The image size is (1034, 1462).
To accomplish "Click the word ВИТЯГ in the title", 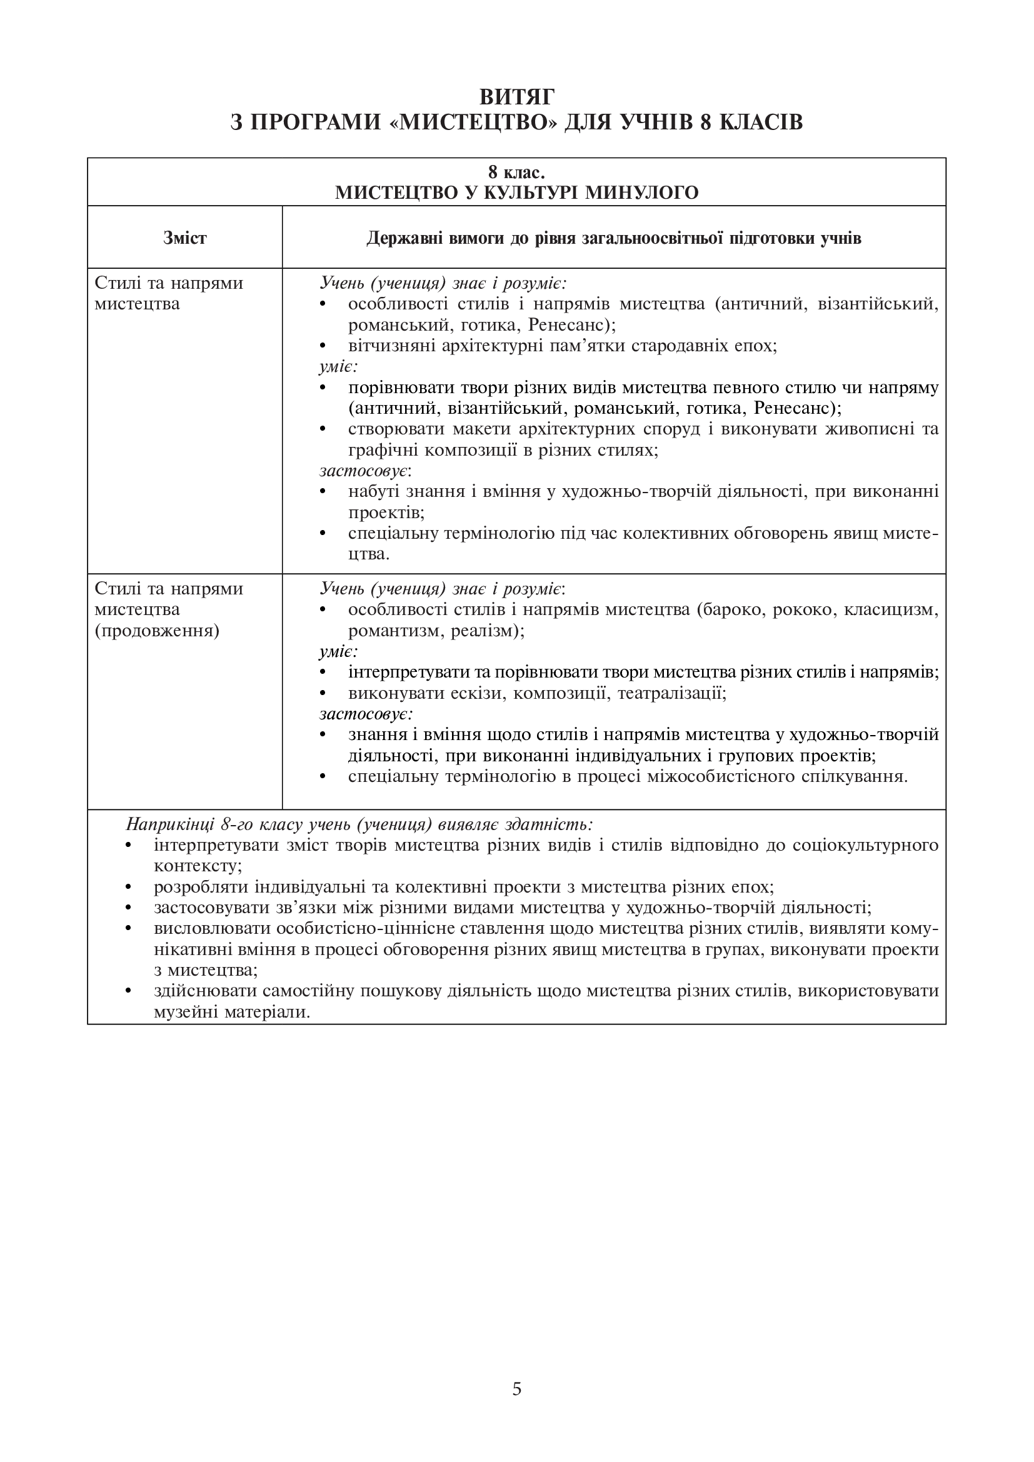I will pos(516,97).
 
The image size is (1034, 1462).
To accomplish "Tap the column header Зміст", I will pos(184,238).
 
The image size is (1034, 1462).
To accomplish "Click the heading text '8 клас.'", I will pos(516,172).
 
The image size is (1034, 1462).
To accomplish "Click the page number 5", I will pos(516,1389).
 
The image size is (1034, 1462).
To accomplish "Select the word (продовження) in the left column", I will pos(157,631).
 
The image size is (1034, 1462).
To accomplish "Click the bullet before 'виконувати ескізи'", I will pos(322,693).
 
